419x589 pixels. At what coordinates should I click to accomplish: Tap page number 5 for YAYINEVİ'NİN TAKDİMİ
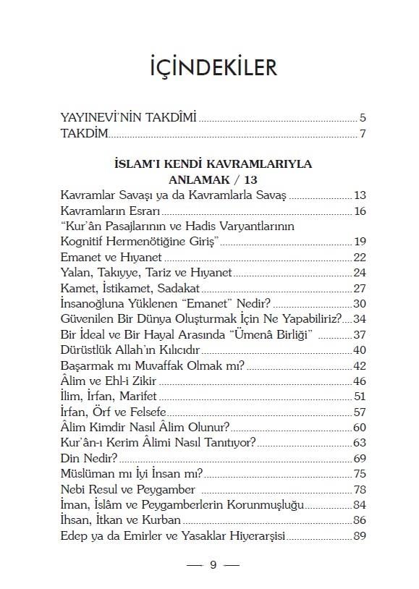(362, 117)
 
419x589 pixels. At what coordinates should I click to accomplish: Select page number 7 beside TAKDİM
(362, 134)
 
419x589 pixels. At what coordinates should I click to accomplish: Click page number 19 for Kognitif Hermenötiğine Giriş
(360, 242)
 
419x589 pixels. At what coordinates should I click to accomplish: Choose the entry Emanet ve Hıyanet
(111, 258)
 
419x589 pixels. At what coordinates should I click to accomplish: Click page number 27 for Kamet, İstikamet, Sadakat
(360, 288)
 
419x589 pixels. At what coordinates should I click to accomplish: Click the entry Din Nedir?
(89, 459)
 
